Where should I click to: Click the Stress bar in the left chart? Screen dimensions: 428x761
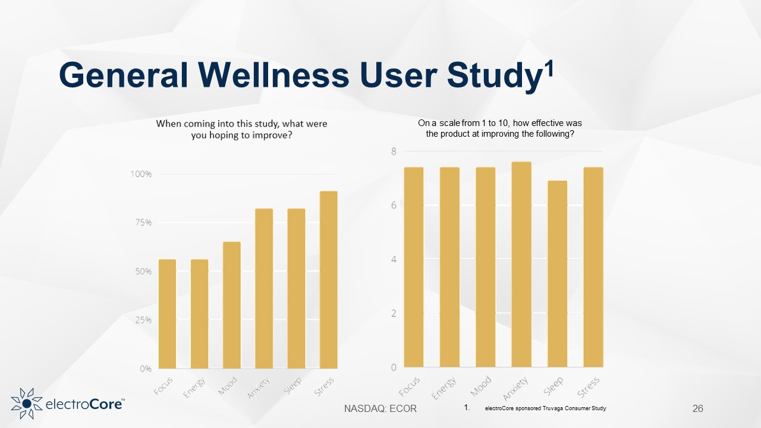[328, 279]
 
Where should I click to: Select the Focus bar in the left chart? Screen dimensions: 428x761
[167, 313]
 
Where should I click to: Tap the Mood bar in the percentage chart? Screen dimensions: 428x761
[232, 304]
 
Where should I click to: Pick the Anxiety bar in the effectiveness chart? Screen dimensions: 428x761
[521, 265]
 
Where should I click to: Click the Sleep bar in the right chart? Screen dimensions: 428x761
[557, 273]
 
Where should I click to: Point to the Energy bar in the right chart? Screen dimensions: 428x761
[449, 267]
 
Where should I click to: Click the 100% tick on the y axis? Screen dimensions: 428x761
[141, 174]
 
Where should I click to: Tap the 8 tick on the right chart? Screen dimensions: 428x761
[393, 152]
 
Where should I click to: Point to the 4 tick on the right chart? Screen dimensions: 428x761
[393, 259]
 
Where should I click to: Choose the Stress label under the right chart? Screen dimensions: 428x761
[589, 388]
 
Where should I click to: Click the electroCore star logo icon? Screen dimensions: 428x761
[26, 403]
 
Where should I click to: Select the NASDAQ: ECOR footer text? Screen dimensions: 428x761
[380, 408]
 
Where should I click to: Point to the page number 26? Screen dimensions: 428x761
[698, 408]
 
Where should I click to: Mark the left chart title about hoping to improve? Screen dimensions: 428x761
[241, 129]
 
